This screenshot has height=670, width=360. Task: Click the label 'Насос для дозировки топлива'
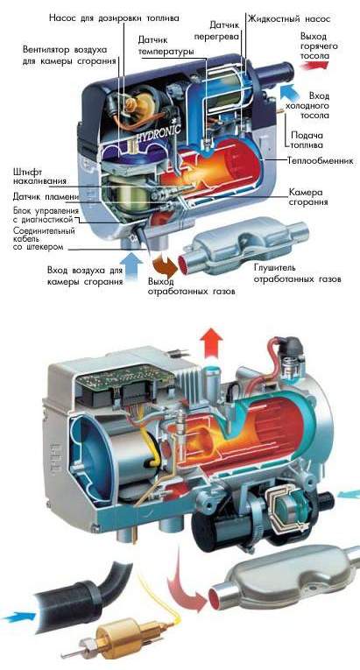[115, 18]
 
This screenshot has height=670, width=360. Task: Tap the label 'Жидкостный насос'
[289, 18]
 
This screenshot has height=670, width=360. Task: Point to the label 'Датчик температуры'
[166, 46]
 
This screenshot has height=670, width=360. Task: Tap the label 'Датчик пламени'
[46, 197]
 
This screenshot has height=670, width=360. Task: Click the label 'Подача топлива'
[307, 140]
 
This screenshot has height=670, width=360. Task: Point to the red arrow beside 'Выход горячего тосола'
[314, 65]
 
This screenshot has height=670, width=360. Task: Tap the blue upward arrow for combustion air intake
[134, 264]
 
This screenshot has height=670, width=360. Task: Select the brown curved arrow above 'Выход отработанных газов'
[166, 264]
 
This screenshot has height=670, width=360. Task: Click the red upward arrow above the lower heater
[213, 343]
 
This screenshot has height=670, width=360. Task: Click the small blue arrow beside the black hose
[18, 617]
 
